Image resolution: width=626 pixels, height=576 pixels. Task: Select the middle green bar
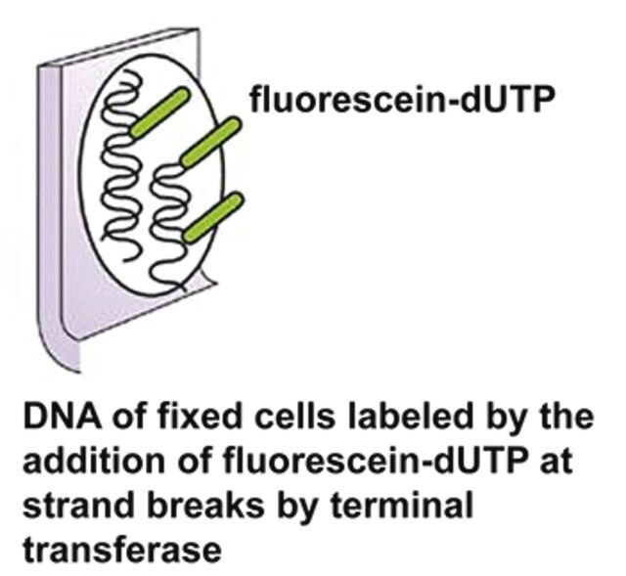(x=209, y=142)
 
